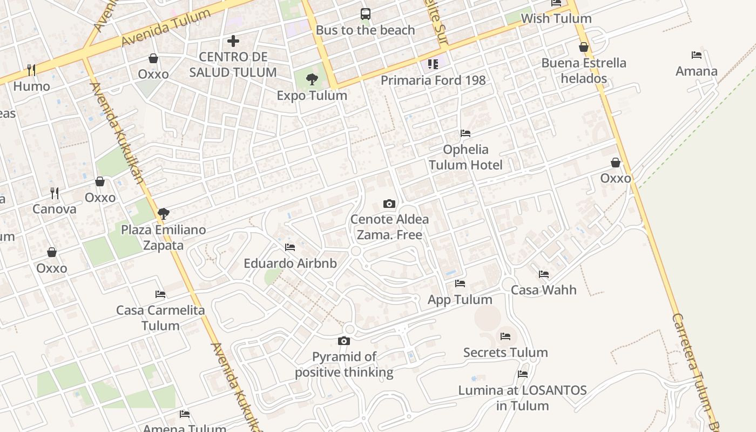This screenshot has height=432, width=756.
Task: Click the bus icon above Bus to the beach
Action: click(x=366, y=13)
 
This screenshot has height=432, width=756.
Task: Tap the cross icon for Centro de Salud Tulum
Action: click(x=233, y=40)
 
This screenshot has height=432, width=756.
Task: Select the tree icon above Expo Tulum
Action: click(x=312, y=80)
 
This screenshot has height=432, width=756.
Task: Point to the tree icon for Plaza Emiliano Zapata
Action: click(x=164, y=214)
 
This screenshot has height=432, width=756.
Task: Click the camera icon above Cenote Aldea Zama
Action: click(x=389, y=204)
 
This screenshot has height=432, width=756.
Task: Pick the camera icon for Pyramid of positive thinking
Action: click(x=344, y=341)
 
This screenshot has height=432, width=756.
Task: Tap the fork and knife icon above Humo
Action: click(x=31, y=70)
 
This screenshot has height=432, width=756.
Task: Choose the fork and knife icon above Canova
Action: click(x=54, y=193)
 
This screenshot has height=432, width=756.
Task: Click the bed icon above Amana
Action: click(x=697, y=55)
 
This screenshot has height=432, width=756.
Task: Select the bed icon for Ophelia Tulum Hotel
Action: click(x=465, y=133)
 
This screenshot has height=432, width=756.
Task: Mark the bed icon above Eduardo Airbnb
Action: click(x=290, y=247)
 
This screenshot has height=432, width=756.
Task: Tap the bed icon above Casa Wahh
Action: click(x=544, y=274)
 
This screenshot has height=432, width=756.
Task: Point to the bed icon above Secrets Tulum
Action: click(x=505, y=336)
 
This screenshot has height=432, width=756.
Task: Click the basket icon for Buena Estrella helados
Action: click(x=584, y=47)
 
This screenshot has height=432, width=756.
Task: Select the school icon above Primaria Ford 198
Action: click(x=433, y=64)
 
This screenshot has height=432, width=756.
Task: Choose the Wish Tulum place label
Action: click(x=556, y=18)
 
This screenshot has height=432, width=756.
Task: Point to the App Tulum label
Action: click(x=460, y=300)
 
